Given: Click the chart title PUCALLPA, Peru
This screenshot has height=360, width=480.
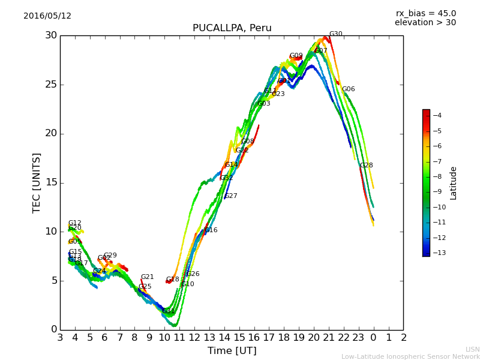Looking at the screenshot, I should [x=232, y=28].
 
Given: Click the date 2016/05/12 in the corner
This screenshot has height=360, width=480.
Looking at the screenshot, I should [x=47, y=16].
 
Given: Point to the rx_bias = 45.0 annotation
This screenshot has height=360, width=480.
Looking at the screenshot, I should [x=425, y=13].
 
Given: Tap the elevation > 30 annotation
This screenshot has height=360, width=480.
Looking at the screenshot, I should [x=425, y=23].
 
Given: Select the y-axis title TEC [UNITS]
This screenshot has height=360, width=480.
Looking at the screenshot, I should [x=37, y=182].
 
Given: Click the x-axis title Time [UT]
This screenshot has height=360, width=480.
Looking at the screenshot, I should [x=232, y=350].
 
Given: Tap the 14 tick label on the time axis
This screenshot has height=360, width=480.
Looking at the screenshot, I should [x=224, y=338].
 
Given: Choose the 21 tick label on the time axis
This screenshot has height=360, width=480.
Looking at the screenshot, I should [x=329, y=338].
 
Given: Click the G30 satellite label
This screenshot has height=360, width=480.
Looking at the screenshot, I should [x=335, y=34].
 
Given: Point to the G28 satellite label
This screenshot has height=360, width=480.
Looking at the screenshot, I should [x=366, y=165].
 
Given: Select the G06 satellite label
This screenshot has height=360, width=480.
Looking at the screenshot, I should [x=348, y=89].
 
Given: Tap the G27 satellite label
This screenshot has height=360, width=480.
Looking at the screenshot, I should [x=231, y=196].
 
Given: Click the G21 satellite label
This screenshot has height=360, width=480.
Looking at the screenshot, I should [x=147, y=277].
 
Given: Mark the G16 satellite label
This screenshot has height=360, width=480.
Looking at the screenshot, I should [x=211, y=230].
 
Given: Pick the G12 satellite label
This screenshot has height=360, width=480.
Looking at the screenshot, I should [x=74, y=223].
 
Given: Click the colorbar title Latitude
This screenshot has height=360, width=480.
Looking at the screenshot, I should [x=454, y=182].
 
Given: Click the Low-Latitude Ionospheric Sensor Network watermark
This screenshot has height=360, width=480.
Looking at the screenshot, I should [x=410, y=356].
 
